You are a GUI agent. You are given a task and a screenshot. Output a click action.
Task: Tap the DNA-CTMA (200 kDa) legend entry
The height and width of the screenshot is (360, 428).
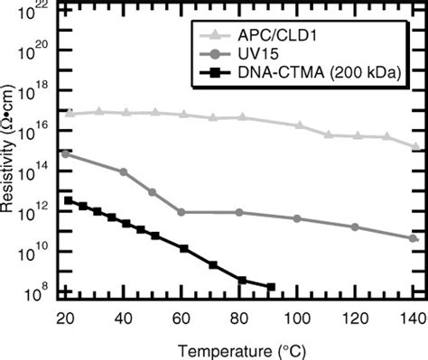[x=315, y=69]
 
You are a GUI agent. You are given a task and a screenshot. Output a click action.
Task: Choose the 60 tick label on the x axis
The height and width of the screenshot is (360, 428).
[x=181, y=318]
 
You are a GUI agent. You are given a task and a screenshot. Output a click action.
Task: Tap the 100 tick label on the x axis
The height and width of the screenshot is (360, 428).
[x=297, y=318]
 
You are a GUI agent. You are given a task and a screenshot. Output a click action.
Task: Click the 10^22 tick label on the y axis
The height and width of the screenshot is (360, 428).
[x=37, y=9]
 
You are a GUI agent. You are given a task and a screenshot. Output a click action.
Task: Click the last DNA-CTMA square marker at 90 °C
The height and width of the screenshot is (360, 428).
[x=270, y=287]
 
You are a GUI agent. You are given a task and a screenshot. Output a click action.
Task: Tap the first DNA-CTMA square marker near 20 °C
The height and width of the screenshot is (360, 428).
[x=69, y=200]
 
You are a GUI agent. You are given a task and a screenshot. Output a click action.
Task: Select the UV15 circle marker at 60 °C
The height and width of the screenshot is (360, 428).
[x=182, y=212]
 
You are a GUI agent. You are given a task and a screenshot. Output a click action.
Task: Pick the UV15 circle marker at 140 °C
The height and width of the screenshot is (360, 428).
[x=413, y=238]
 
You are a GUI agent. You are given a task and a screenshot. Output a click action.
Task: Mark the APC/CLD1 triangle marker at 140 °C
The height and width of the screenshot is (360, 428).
[x=414, y=146]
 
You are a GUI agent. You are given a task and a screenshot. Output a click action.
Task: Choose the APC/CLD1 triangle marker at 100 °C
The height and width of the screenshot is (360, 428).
[x=299, y=125]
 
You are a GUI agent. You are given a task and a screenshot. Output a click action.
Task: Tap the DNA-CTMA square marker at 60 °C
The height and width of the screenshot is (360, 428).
[x=183, y=248]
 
